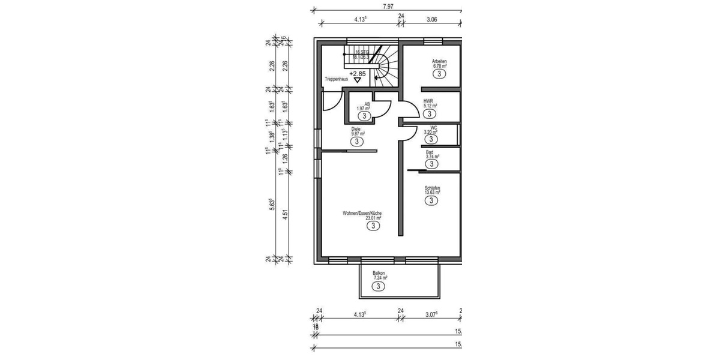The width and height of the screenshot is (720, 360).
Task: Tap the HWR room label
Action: [x=428, y=101]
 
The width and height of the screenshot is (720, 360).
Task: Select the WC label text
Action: [x=433, y=127]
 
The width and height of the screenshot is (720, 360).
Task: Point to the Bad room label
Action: [x=430, y=152]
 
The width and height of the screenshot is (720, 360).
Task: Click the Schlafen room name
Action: [x=433, y=188]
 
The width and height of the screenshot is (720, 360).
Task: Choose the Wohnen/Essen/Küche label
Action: [x=362, y=213]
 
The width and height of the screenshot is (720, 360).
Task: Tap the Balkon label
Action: [x=379, y=273]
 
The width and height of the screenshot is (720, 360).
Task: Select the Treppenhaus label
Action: [x=336, y=79]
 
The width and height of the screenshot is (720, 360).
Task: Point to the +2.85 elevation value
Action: [x=358, y=73]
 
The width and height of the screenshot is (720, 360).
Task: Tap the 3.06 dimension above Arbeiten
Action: [x=431, y=19]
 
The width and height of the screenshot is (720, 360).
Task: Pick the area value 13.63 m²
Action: [x=433, y=193]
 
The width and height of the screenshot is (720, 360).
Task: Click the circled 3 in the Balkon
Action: [x=378, y=287]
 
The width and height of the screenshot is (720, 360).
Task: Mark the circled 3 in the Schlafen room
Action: [x=431, y=202]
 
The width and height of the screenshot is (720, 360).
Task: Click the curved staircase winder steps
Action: [x=384, y=66]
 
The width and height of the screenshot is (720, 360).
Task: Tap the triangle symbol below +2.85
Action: [x=358, y=79]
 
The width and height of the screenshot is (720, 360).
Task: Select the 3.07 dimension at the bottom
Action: [x=431, y=314]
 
